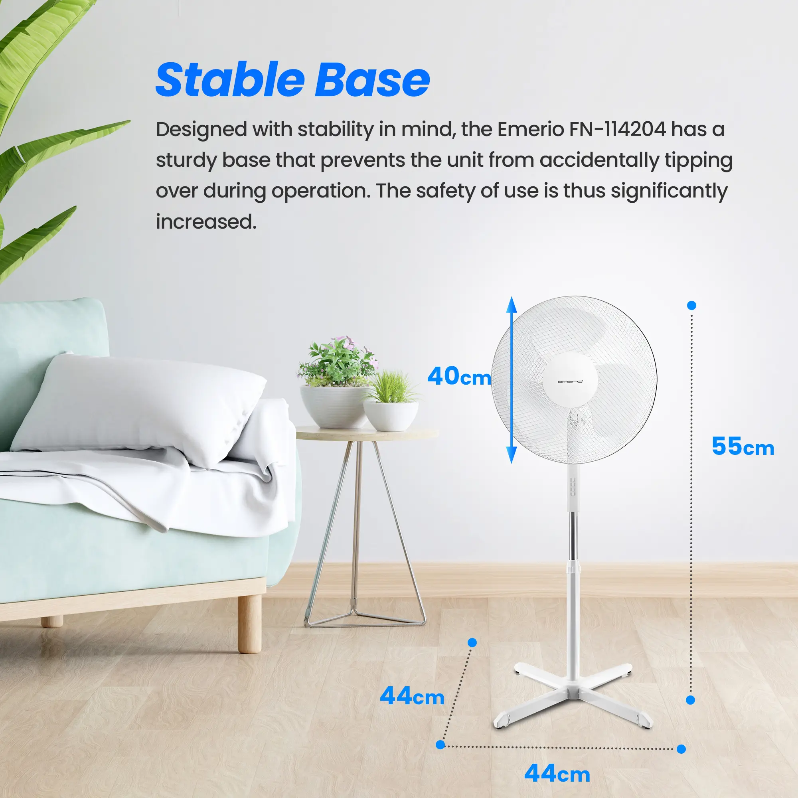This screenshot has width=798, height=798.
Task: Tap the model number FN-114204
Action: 618,129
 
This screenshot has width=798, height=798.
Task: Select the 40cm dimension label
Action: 459,376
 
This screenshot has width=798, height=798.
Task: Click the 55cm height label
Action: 743,446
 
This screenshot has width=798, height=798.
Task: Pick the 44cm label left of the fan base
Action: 412,696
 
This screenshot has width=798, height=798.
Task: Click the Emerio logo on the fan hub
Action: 570,381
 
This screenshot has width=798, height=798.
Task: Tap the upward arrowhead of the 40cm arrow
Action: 512,305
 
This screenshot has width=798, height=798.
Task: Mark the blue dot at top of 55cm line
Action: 691,305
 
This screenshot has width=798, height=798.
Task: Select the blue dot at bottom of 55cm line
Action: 690,700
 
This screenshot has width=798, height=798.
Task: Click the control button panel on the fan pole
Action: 573,488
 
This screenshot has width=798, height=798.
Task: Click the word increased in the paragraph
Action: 206,222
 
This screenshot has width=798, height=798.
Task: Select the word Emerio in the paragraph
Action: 530,129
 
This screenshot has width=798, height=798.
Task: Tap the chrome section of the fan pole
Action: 573,537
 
